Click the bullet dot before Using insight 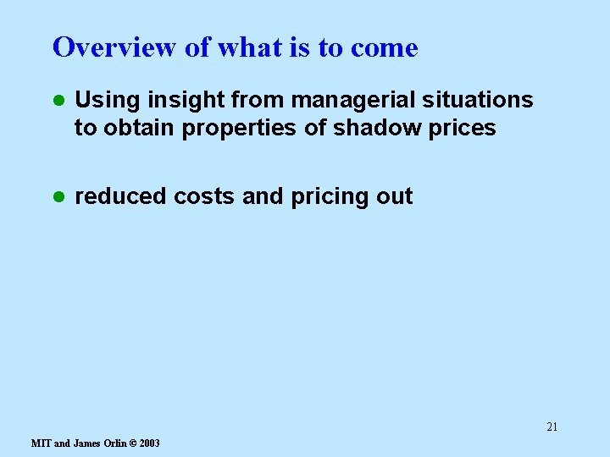click(x=58, y=100)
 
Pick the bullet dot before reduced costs click(x=58, y=196)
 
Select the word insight click(x=174, y=100)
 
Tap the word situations click(x=485, y=100)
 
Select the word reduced click(x=121, y=196)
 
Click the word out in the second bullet click(x=394, y=196)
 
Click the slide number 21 click(x=552, y=427)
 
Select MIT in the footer click(x=41, y=443)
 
